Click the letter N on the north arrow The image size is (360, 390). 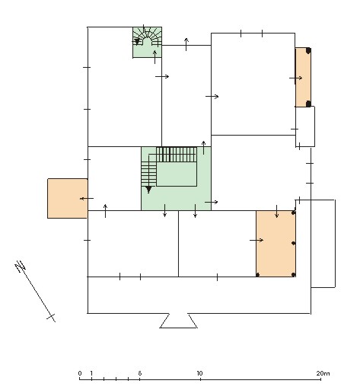click(x=21, y=266)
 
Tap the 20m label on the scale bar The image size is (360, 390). click(x=323, y=373)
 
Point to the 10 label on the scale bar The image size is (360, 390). click(x=199, y=373)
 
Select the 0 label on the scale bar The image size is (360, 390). click(x=80, y=373)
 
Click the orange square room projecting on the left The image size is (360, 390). click(x=68, y=198)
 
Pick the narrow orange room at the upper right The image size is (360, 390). click(x=303, y=77)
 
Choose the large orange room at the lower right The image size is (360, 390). click(x=276, y=244)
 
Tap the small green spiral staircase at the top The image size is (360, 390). click(x=148, y=42)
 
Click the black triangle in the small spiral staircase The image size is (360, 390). click(x=137, y=42)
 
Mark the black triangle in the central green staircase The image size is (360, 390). click(x=148, y=190)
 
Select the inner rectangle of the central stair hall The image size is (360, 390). click(x=177, y=174)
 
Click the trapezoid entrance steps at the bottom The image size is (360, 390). click(x=179, y=321)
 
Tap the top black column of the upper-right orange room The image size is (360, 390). click(x=308, y=50)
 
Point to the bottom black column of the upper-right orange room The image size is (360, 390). click(x=308, y=104)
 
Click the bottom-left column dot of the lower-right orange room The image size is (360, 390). click(x=258, y=275)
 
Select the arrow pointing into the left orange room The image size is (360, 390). click(x=87, y=199)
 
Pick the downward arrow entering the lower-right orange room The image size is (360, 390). click(x=276, y=211)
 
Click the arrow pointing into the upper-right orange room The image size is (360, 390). click(x=296, y=78)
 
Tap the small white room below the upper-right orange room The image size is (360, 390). click(x=305, y=126)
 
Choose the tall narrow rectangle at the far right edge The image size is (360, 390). click(x=323, y=244)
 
